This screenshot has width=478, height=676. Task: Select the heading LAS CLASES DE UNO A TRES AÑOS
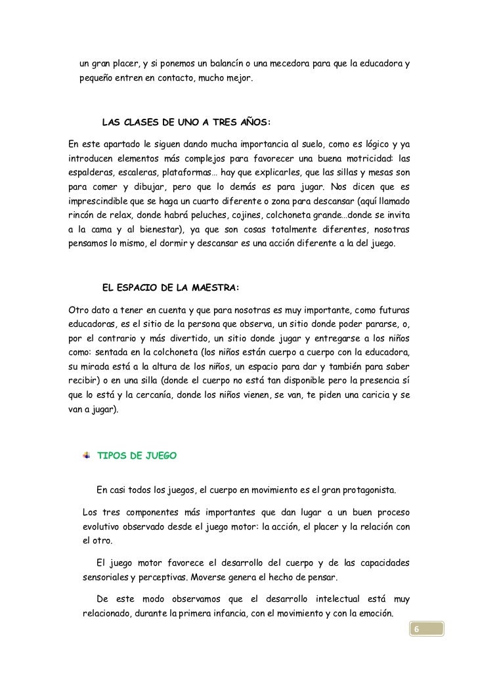pos(186,121)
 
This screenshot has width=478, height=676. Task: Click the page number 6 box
pos(415,631)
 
